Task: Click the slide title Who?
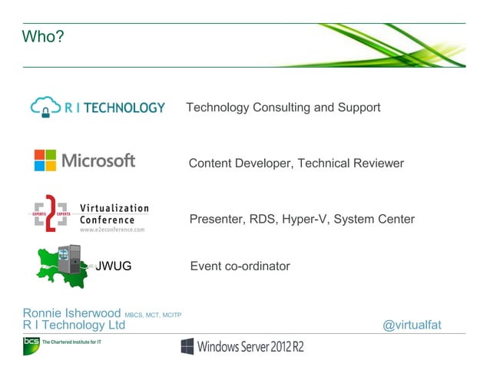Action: pyautogui.click(x=43, y=36)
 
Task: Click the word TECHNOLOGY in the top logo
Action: pyautogui.click(x=124, y=107)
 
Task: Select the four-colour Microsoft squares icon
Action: pyautogui.click(x=45, y=160)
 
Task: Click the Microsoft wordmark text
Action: pyautogui.click(x=98, y=160)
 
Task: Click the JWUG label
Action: pyautogui.click(x=113, y=266)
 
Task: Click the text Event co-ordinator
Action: pyautogui.click(x=240, y=266)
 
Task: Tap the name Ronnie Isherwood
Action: pyautogui.click(x=71, y=313)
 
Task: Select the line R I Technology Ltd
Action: pyautogui.click(x=74, y=326)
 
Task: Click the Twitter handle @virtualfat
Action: pyautogui.click(x=412, y=326)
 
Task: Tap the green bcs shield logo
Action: pyautogui.click(x=31, y=346)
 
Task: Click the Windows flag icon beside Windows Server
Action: pyautogui.click(x=187, y=346)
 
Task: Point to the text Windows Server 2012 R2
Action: pyautogui.click(x=250, y=347)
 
